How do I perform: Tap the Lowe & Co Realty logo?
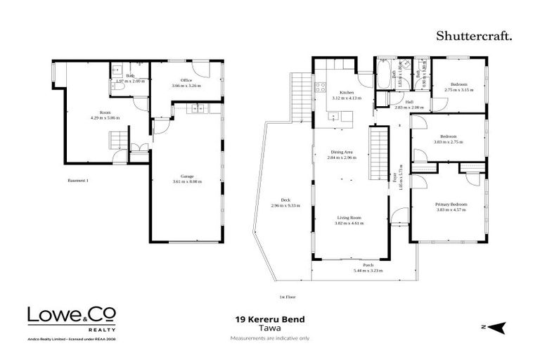tap(71, 317)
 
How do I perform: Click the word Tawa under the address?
tap(269, 328)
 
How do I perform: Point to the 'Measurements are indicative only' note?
tap(269, 337)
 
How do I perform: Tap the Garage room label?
tap(186, 176)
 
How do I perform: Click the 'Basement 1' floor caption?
tap(77, 181)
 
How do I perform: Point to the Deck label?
tap(286, 200)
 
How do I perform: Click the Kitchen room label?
tap(347, 93)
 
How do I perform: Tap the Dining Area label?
tap(342, 152)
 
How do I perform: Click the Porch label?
tap(368, 265)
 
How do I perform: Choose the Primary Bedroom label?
tap(451, 204)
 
